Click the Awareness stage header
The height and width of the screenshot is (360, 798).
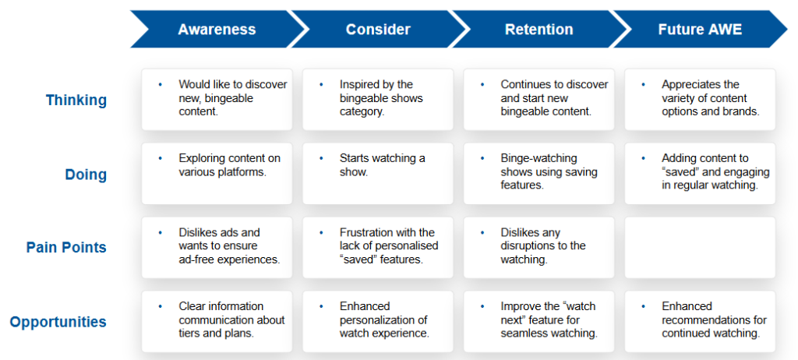(x=217, y=29)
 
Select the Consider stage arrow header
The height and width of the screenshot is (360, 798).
(x=378, y=29)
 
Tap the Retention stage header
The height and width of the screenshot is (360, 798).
(x=539, y=29)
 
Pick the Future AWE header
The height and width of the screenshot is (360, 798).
(x=701, y=29)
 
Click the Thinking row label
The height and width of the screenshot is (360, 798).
(x=76, y=101)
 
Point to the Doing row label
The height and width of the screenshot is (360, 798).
(x=86, y=175)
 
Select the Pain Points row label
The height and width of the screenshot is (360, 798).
(x=67, y=248)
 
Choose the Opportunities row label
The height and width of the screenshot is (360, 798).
(x=58, y=322)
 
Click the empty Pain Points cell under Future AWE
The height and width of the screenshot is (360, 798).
(x=701, y=248)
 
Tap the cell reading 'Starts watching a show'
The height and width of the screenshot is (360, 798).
(x=378, y=174)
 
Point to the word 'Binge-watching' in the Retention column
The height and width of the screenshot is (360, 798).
(x=539, y=158)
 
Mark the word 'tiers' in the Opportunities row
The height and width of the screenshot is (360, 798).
(x=189, y=334)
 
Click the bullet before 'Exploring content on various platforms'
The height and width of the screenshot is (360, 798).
(x=161, y=158)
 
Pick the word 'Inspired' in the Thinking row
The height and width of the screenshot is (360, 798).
(x=358, y=84)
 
